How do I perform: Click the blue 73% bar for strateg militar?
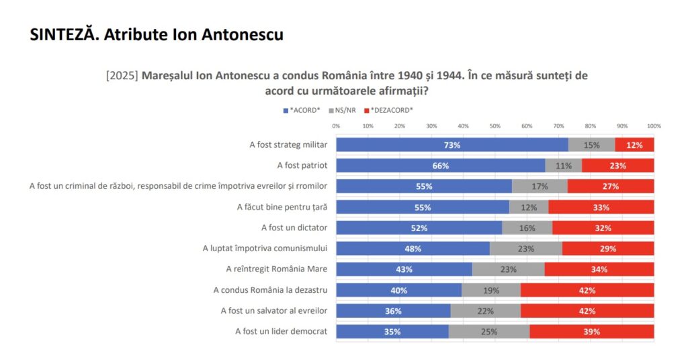click(451, 144)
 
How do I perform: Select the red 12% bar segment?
click(634, 144)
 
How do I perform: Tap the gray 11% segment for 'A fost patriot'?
click(563, 165)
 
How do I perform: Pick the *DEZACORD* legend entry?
click(388, 110)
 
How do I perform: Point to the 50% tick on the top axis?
click(495, 126)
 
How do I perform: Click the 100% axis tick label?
click(654, 126)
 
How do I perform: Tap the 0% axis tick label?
click(336, 126)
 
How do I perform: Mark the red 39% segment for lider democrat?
click(591, 331)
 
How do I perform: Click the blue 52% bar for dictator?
click(419, 228)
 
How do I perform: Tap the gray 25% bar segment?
click(488, 331)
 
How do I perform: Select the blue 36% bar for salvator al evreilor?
click(393, 310)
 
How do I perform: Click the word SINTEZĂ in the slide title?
click(62, 35)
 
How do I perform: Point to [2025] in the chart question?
click(122, 76)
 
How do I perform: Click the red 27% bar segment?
click(610, 186)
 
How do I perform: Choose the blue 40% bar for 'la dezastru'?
click(399, 290)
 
